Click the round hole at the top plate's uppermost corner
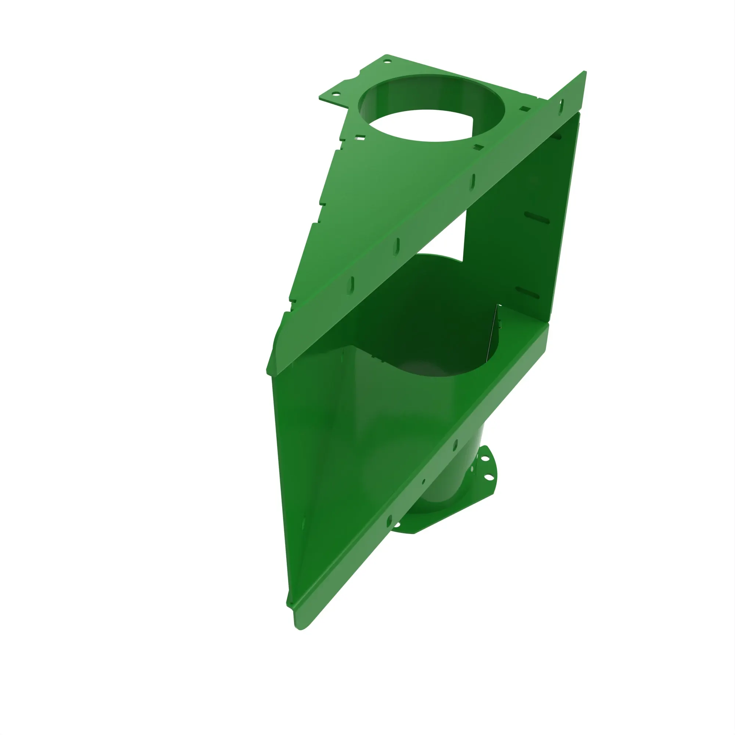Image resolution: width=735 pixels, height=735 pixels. [387, 61]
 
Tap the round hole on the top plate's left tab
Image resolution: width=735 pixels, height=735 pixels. [335, 93]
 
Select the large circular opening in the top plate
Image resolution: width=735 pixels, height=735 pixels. [431, 108]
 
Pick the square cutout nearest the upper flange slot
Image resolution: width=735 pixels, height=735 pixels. [525, 109]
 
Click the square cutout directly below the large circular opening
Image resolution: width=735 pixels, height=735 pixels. [478, 147]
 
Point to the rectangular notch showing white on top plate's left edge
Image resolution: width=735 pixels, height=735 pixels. [359, 138]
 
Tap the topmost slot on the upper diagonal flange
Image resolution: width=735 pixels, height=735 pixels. [561, 106]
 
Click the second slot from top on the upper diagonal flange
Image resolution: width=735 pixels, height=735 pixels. [473, 182]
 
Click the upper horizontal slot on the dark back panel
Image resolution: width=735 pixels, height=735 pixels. [537, 218]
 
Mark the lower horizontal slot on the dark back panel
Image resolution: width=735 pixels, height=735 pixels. [527, 293]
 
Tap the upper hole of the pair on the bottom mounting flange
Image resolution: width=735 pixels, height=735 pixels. [485, 459]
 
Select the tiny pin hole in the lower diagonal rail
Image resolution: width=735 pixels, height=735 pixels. [423, 482]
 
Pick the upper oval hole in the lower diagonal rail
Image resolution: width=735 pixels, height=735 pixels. [455, 445]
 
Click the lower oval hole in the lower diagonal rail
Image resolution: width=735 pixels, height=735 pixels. [389, 521]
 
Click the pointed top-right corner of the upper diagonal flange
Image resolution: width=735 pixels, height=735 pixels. [584, 72]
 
